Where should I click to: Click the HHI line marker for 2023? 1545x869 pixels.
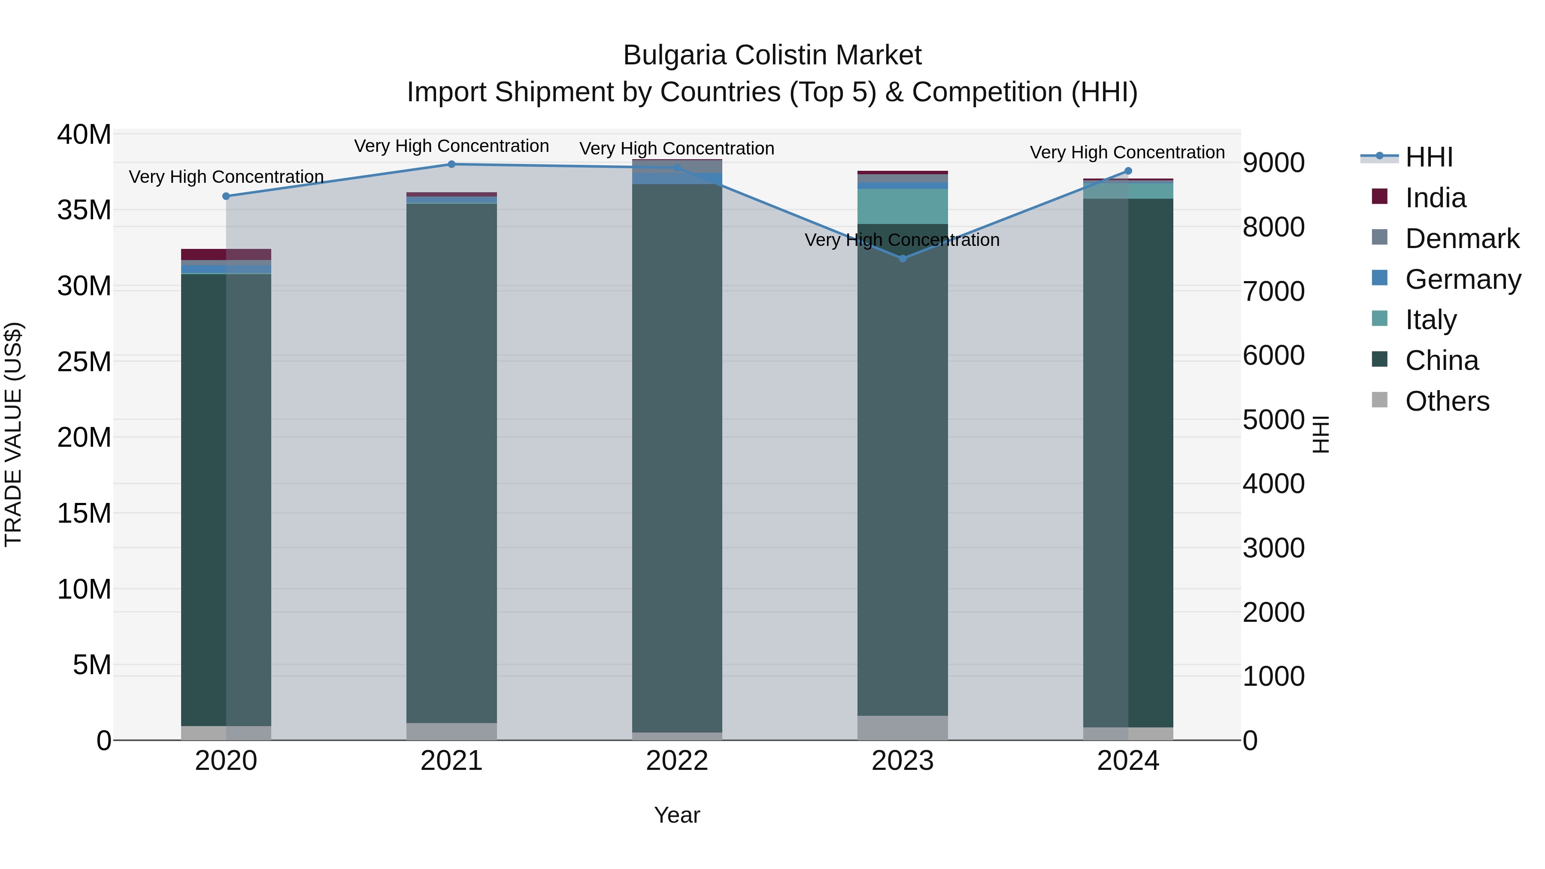(903, 258)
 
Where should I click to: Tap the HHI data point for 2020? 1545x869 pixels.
(226, 196)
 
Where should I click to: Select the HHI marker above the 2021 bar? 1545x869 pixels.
(451, 164)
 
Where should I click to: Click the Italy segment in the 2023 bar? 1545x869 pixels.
(903, 206)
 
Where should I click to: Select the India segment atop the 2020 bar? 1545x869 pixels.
(226, 254)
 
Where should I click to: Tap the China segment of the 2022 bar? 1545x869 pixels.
(677, 456)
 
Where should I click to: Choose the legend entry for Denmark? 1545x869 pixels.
(1462, 239)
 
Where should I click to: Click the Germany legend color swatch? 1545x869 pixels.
(1379, 278)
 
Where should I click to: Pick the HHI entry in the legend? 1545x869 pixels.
(1429, 157)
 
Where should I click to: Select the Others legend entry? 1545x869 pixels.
(1447, 401)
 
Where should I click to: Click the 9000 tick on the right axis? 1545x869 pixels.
(1273, 163)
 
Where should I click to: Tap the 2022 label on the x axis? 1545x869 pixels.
(677, 761)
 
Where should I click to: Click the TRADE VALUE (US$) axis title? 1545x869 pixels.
(13, 434)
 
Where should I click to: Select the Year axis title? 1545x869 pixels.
(677, 815)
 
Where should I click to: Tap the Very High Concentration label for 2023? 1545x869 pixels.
(902, 240)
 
